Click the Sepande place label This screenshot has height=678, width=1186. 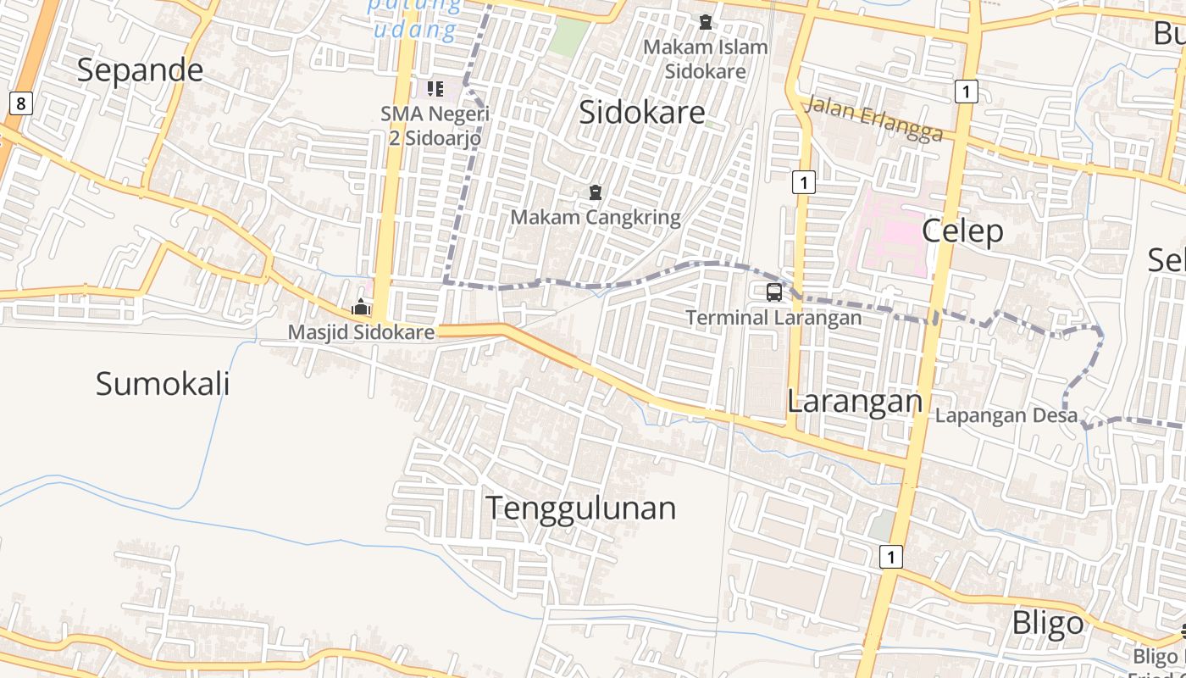pyautogui.click(x=140, y=70)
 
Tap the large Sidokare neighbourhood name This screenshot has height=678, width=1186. pyautogui.click(x=641, y=112)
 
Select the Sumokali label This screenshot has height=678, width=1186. pyautogui.click(x=163, y=384)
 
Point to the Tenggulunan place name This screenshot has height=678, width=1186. pyautogui.click(x=580, y=508)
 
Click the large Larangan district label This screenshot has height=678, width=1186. pyautogui.click(x=854, y=401)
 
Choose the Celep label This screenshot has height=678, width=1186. pyautogui.click(x=962, y=231)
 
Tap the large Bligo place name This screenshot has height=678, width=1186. pyautogui.click(x=1048, y=623)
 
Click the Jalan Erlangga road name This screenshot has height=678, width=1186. pyautogui.click(x=873, y=119)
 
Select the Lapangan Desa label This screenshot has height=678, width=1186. pyautogui.click(x=1006, y=416)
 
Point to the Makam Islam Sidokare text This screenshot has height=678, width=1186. pyautogui.click(x=705, y=58)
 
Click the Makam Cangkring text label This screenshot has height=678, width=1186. pyautogui.click(x=595, y=218)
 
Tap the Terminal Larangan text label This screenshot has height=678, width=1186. pyautogui.click(x=773, y=318)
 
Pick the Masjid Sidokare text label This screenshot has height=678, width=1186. pyautogui.click(x=361, y=332)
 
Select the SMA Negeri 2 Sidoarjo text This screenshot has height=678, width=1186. pyautogui.click(x=435, y=125)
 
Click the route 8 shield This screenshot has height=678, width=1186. pyautogui.click(x=20, y=103)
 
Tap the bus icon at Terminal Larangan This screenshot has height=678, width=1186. pyautogui.click(x=773, y=292)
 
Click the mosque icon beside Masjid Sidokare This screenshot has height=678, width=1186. pyautogui.click(x=361, y=307)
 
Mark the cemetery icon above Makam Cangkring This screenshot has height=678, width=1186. pyautogui.click(x=595, y=193)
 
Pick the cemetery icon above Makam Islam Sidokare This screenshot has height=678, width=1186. pyautogui.click(x=705, y=21)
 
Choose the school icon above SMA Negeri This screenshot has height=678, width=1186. pyautogui.click(x=435, y=88)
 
